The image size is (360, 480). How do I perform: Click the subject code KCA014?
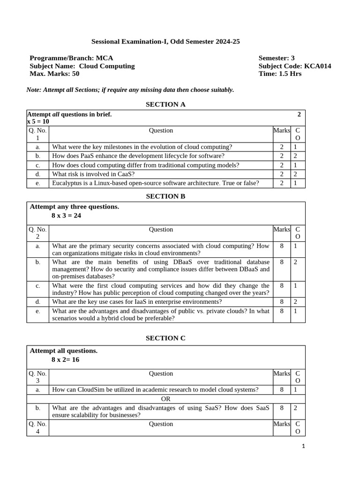click(317, 66)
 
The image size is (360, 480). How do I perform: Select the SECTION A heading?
click(165, 104)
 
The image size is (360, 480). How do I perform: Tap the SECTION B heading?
click(165, 196)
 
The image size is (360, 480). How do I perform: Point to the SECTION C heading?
click(165, 338)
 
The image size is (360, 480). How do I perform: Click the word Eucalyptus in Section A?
click(68, 183)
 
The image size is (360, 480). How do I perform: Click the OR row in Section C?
click(165, 399)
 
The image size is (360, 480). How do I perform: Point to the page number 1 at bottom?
click(303, 446)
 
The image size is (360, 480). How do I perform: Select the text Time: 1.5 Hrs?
click(280, 74)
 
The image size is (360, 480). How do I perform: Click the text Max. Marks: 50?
click(54, 74)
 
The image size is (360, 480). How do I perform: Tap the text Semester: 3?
click(277, 58)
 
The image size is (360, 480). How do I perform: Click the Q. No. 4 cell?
click(37, 427)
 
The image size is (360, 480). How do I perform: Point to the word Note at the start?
click(34, 90)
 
